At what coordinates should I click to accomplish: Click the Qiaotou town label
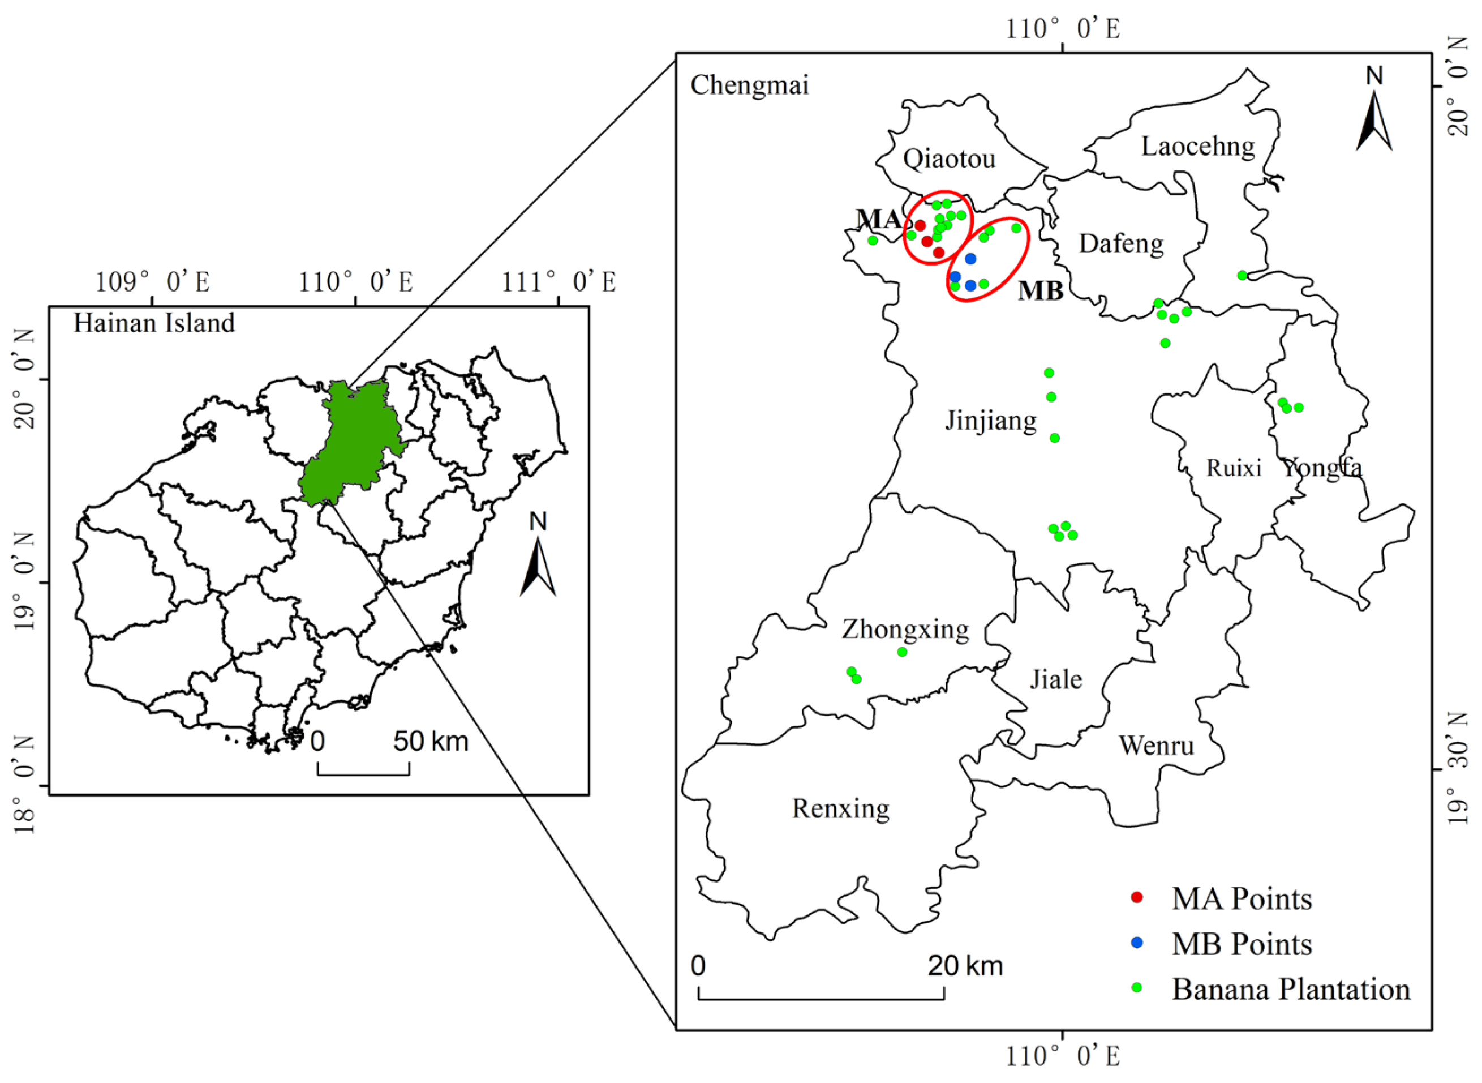[x=949, y=159]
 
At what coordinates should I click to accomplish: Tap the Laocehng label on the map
[x=1198, y=146]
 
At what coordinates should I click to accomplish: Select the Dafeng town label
[x=1121, y=244]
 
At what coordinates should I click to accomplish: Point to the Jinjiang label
[x=991, y=420]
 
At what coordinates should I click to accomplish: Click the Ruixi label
[x=1234, y=468]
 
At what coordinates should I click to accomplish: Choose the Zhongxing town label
[x=905, y=629]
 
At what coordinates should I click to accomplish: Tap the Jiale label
[x=1055, y=679]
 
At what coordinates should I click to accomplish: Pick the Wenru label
[x=1157, y=746]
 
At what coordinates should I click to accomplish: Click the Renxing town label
[x=840, y=808]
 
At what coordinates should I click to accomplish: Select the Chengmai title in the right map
[x=750, y=85]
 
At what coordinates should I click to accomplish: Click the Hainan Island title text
[x=154, y=323]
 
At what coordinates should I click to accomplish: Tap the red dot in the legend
[x=1137, y=897]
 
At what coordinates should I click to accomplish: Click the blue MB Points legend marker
[x=1137, y=943]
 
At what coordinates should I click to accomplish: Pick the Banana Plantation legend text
[x=1291, y=989]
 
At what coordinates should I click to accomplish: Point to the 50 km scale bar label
[x=431, y=742]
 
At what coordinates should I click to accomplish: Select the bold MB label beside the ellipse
[x=1041, y=290]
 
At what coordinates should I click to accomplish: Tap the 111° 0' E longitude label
[x=558, y=282]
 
